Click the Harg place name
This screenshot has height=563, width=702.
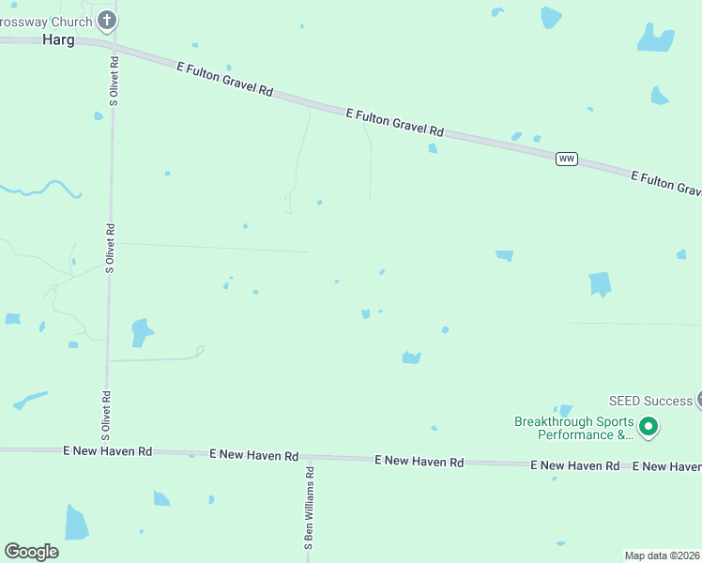[x=58, y=40]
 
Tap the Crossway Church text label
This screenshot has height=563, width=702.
[x=47, y=21]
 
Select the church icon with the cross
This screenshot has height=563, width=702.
[x=107, y=20]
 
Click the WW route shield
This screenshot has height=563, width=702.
[x=566, y=159]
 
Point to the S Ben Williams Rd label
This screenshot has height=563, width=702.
[x=308, y=510]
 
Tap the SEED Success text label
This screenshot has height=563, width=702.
[x=649, y=401]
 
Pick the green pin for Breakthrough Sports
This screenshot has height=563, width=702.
[x=649, y=428]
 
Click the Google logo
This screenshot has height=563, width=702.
[x=31, y=552]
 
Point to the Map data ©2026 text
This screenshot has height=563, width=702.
[x=663, y=555]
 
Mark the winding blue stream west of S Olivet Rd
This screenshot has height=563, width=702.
[x=42, y=189]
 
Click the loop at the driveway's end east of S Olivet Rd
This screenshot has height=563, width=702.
[x=199, y=352]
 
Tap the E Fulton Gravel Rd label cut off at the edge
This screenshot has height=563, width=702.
[x=666, y=182]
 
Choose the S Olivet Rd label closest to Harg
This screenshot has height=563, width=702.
[x=114, y=91]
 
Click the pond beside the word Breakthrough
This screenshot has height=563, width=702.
[x=565, y=410]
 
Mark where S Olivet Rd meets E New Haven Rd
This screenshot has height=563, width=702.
[x=107, y=451]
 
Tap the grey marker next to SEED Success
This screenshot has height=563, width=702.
[x=699, y=400]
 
